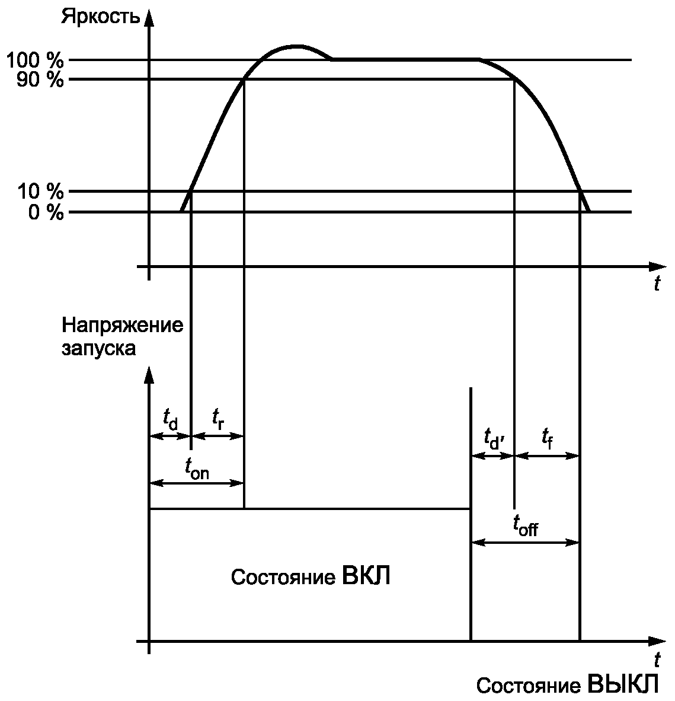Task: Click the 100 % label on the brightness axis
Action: pyautogui.click(x=34, y=60)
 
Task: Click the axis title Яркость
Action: pyautogui.click(x=101, y=16)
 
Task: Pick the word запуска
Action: pyautogui.click(x=98, y=348)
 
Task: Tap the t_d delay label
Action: pyautogui.click(x=170, y=419)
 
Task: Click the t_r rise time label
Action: pyautogui.click(x=218, y=418)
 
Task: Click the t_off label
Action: pyautogui.click(x=525, y=525)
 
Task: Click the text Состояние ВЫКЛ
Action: pyautogui.click(x=567, y=684)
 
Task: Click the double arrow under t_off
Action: pyautogui.click(x=525, y=542)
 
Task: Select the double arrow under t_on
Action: pyautogui.click(x=197, y=483)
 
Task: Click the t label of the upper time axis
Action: pyautogui.click(x=657, y=284)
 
